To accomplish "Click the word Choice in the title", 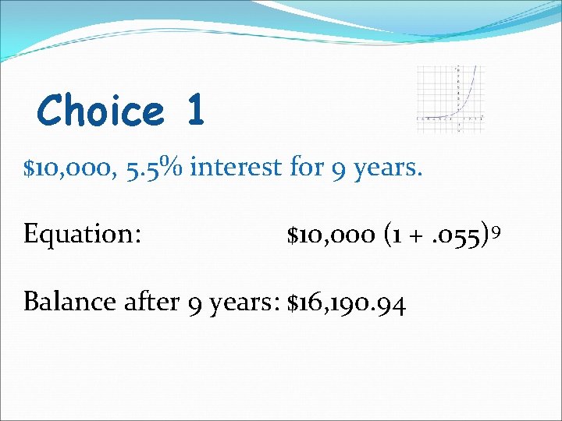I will pyautogui.click(x=101, y=110).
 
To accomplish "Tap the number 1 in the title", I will pyautogui.click(x=194, y=110).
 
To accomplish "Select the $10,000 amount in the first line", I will pyautogui.click(x=68, y=168).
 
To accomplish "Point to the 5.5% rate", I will pyautogui.click(x=153, y=168).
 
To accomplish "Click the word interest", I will pyautogui.click(x=233, y=168).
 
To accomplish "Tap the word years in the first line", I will pyautogui.click(x=386, y=169).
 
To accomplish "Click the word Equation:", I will pyautogui.click(x=82, y=235).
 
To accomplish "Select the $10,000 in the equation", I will pyautogui.click(x=331, y=235).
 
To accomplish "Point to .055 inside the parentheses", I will pyautogui.click(x=461, y=235).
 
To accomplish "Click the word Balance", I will pyautogui.click(x=69, y=302).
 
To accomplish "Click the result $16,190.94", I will pyautogui.click(x=347, y=302).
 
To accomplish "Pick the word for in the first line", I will pyautogui.click(x=300, y=168).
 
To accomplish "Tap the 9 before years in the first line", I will pyautogui.click(x=332, y=169).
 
